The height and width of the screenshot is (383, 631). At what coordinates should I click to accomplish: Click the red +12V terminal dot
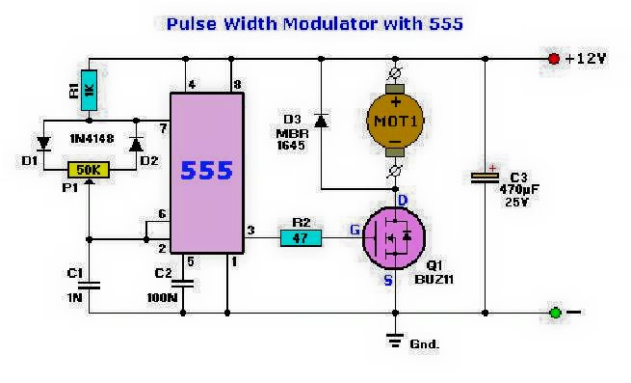pos(554,59)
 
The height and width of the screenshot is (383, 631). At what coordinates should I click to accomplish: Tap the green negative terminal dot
pos(555,313)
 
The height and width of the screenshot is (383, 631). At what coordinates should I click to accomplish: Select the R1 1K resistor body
pos(89,91)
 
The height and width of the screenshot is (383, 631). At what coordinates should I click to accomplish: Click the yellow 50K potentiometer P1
pos(88,170)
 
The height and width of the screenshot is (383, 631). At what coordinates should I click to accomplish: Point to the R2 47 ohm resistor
pos(301,238)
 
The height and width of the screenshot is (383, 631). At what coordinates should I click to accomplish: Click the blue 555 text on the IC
pos(207,170)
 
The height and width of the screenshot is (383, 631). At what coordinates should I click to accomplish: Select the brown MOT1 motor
pos(395,121)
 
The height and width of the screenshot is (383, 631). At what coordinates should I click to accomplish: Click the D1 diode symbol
pos(43,144)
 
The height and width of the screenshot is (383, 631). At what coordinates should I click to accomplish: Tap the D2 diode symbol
pos(136,144)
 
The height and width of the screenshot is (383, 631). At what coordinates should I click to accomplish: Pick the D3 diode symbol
pos(321,121)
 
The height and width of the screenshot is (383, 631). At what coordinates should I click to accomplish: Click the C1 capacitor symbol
pos(89,286)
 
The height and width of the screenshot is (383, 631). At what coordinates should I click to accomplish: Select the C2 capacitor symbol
pos(183,284)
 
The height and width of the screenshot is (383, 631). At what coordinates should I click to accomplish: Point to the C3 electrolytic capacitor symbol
pos(485,178)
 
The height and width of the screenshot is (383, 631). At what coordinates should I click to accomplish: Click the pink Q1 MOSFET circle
pos(394,238)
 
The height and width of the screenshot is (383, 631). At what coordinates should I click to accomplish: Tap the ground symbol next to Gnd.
pos(395,341)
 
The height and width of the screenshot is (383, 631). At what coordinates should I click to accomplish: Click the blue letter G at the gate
pos(355,230)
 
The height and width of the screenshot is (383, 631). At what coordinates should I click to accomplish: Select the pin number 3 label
pos(250,231)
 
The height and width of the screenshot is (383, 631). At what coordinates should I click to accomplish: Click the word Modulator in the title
pos(330,23)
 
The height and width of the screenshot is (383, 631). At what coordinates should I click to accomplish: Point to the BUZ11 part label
pos(434,279)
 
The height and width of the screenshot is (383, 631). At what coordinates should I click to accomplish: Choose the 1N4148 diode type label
pos(92,139)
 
